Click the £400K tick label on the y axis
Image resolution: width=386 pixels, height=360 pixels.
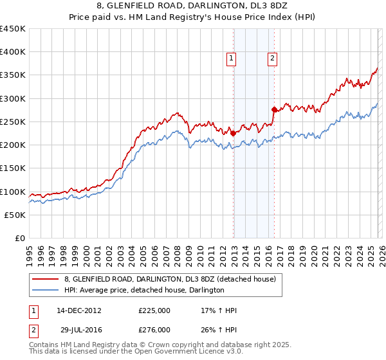coord(13,52)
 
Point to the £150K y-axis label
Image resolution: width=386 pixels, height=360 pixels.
coord(13,168)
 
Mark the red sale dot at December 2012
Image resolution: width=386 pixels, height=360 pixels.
coord(234,134)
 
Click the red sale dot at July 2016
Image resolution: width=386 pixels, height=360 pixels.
coord(275,110)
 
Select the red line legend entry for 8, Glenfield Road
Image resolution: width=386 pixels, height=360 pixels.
coord(170,279)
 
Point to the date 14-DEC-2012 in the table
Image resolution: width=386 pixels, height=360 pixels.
coord(79,310)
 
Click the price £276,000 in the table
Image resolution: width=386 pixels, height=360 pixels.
coord(154,329)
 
